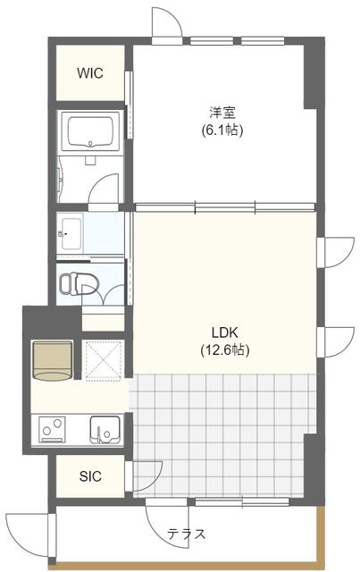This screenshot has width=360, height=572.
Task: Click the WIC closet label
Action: (89, 73)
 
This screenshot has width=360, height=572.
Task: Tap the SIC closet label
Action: (90, 476)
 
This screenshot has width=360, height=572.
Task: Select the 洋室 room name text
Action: (222, 112)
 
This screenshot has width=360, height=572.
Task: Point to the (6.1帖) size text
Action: (222, 130)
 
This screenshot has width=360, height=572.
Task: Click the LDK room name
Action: (225, 332)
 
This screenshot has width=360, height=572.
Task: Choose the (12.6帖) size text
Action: (225, 350)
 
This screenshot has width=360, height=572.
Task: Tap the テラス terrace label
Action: (187, 534)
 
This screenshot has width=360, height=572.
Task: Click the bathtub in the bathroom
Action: (90, 131)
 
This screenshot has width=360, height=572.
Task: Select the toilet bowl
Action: (79, 282)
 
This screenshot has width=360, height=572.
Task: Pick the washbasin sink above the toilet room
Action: (71, 233)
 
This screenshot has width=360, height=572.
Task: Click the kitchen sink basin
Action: (105, 430)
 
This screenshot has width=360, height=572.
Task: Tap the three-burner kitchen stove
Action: (53, 430)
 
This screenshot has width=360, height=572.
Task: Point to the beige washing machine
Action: (53, 361)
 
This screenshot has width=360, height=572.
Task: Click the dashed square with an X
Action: (103, 361)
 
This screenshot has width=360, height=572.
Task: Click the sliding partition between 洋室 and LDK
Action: (224, 207)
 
